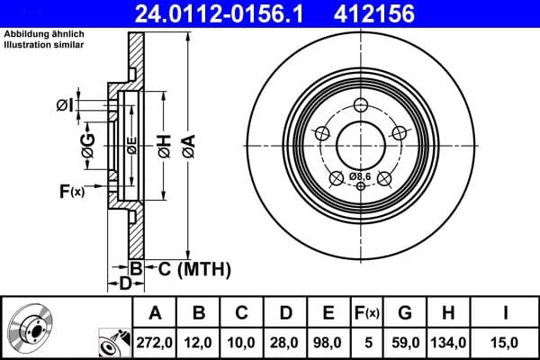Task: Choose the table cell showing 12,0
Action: (199, 341)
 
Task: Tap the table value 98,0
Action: (328, 341)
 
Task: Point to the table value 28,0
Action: (285, 341)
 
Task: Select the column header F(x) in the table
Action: (367, 313)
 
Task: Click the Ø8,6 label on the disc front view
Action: (360, 175)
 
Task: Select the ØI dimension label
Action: (64, 105)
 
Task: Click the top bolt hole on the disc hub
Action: (361, 103)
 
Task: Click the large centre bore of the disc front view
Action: (360, 142)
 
